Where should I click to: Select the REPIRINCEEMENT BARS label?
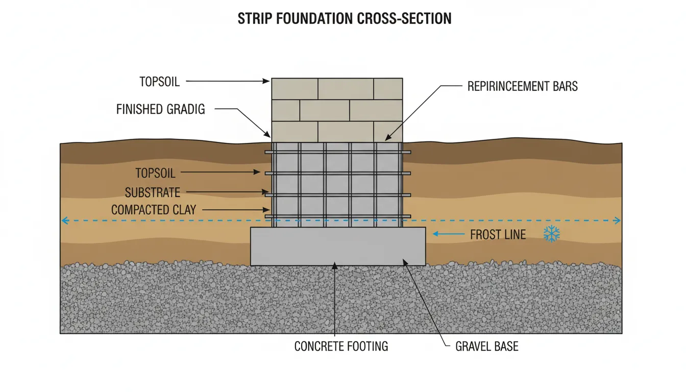(x=523, y=86)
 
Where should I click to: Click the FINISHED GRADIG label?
(x=160, y=109)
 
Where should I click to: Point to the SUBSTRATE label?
(x=153, y=192)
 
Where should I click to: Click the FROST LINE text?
(x=498, y=235)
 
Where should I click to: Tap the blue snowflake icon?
(x=551, y=234)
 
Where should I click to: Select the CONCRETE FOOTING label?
(x=341, y=347)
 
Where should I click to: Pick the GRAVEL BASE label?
(x=486, y=347)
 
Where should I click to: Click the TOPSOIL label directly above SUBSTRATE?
(x=155, y=173)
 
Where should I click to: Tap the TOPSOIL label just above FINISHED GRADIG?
(x=160, y=81)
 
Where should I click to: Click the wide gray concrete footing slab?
(x=338, y=246)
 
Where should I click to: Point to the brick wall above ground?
(x=337, y=110)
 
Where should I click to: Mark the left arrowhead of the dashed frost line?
(x=64, y=221)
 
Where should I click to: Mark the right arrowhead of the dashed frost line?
(x=618, y=221)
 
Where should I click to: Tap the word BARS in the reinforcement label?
(x=564, y=86)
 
